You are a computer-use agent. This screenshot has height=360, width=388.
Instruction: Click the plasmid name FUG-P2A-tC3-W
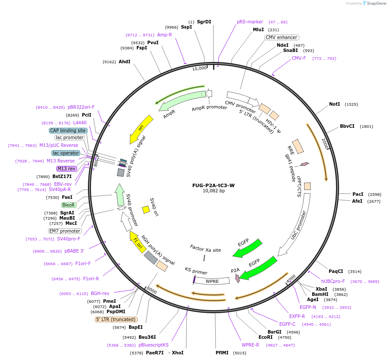(213, 185)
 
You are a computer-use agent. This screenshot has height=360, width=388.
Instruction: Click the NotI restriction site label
(334, 104)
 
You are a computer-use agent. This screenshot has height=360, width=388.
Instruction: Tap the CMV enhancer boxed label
(282, 37)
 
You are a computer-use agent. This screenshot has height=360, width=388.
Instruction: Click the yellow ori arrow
(142, 128)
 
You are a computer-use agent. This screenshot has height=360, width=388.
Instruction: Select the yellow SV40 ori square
(146, 209)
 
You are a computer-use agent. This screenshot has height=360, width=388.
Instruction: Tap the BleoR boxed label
(69, 205)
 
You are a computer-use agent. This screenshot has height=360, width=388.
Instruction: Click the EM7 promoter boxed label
(65, 231)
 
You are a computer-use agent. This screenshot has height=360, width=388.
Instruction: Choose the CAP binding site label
(68, 130)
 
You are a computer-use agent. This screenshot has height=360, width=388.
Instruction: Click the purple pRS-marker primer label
(250, 22)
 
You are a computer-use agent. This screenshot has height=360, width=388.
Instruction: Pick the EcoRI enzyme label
(265, 337)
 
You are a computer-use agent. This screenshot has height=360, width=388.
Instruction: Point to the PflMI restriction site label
(225, 353)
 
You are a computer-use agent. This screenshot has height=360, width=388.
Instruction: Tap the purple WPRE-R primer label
(250, 345)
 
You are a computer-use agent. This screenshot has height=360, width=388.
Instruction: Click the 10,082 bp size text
(213, 191)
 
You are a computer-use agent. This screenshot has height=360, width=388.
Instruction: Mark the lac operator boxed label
(66, 153)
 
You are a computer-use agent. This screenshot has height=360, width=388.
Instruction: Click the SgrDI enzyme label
(204, 22)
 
